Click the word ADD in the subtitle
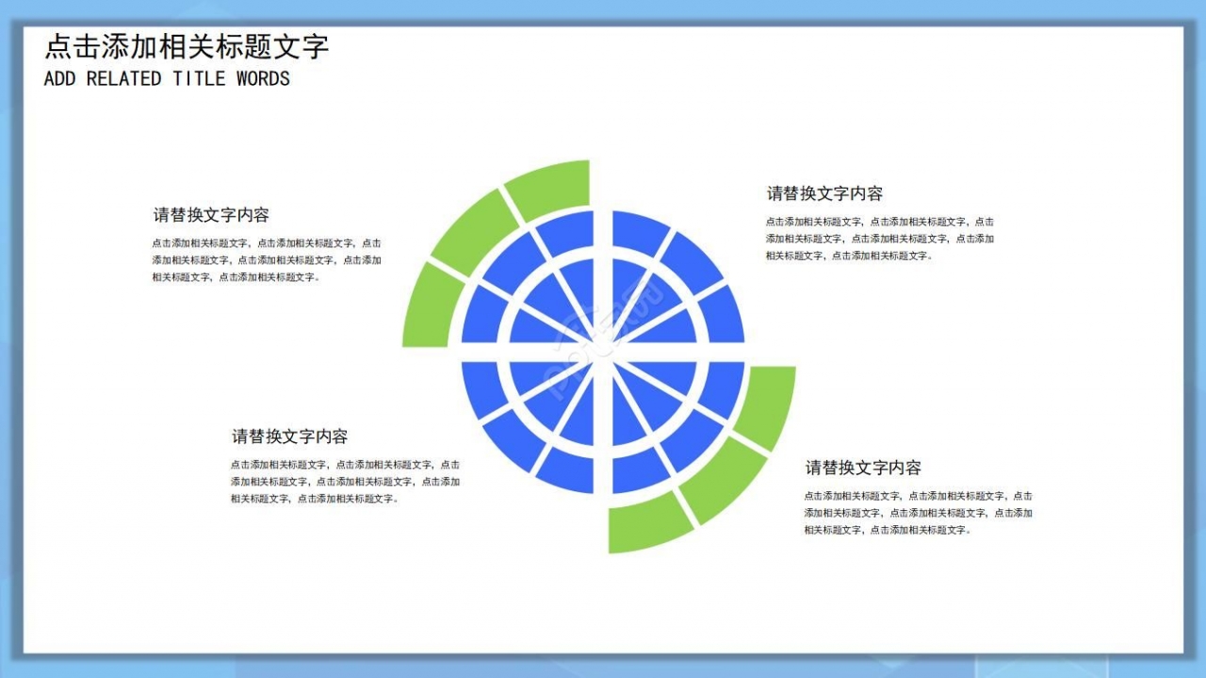click(59, 79)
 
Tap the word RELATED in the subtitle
click(123, 79)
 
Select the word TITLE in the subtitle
click(198, 79)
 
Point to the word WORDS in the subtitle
click(263, 79)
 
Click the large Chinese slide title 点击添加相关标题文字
click(187, 46)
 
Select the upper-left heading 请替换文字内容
click(211, 215)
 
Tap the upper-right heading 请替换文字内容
click(824, 193)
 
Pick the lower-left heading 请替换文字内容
click(290, 437)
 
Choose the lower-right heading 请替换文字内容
click(863, 468)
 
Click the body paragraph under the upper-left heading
click(267, 260)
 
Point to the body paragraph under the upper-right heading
click(879, 239)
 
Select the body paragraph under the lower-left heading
click(345, 482)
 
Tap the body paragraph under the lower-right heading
click(918, 513)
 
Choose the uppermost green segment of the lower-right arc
click(767, 405)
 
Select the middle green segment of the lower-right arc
click(725, 479)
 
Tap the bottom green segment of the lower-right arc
click(649, 523)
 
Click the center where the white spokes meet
click(603, 352)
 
